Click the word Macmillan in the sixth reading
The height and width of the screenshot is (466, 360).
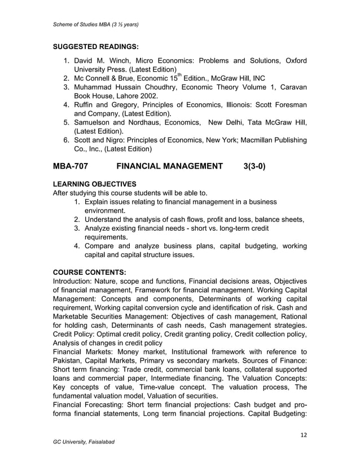click(x=259, y=140)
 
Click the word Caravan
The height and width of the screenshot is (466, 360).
click(x=292, y=87)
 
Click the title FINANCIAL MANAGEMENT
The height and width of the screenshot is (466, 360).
click(x=169, y=166)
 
